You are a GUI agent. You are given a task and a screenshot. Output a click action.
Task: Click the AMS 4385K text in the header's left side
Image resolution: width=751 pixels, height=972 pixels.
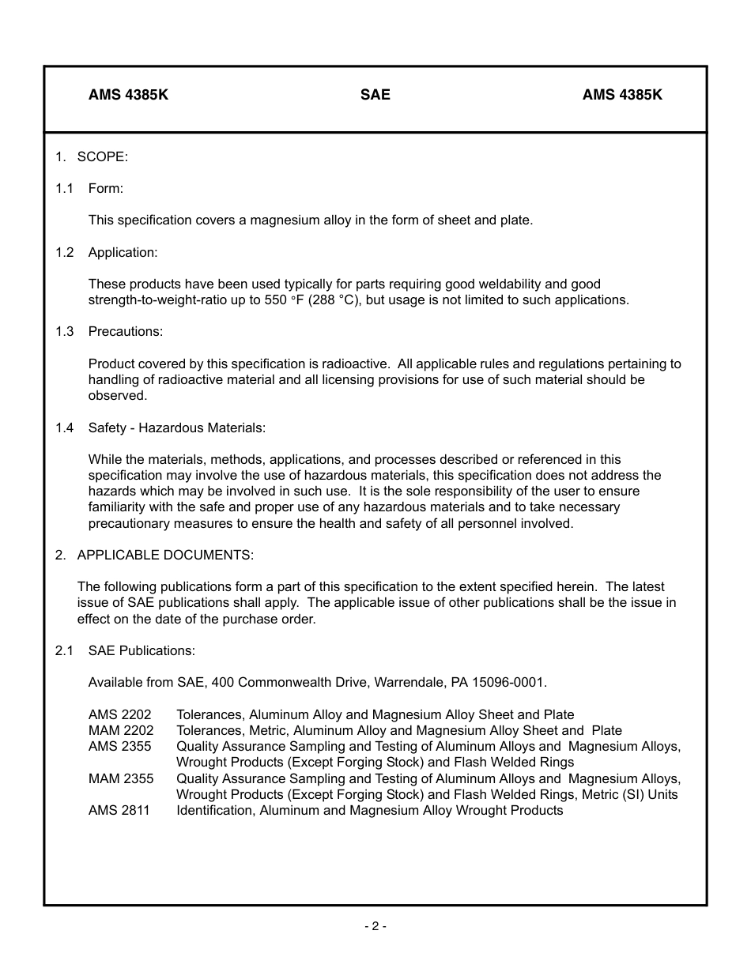point(128,95)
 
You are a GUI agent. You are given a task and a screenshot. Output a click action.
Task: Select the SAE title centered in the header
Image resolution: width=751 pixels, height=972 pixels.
point(375,95)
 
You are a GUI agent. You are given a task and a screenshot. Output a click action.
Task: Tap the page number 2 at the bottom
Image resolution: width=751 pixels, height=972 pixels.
point(375,926)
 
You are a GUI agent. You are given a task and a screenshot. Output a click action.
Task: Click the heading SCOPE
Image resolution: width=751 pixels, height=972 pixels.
point(102,156)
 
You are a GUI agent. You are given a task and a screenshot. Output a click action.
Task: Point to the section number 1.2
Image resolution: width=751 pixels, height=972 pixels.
point(64,252)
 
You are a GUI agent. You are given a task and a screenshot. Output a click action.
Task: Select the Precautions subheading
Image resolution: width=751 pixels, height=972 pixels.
point(126,331)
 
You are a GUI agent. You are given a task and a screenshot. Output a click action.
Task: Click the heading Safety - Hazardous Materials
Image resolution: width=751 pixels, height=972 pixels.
point(177,428)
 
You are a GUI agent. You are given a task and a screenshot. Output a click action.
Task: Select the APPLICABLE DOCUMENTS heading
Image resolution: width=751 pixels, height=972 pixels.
point(165,555)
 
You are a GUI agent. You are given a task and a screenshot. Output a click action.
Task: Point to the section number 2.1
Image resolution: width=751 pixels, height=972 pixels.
point(64,650)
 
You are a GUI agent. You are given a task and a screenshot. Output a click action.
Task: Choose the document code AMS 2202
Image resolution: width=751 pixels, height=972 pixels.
point(119,714)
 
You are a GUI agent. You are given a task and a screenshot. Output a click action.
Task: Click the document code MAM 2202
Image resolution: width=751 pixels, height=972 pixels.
point(121,730)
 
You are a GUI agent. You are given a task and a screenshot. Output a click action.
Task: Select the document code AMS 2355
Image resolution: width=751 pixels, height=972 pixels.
point(119,746)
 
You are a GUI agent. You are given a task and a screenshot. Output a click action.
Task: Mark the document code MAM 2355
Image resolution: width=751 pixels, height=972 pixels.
point(121,778)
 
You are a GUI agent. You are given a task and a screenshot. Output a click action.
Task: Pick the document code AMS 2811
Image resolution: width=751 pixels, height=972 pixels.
point(119,810)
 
